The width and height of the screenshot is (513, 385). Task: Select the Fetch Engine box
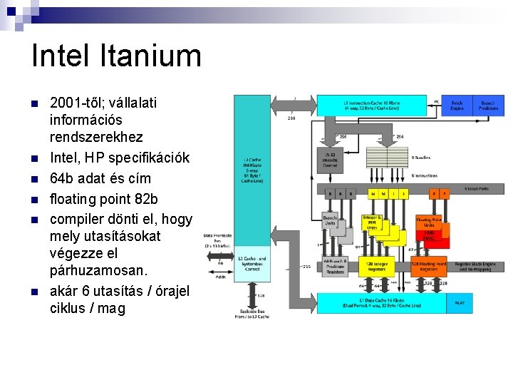coord(457,106)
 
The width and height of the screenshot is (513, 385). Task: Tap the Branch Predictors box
coord(488,106)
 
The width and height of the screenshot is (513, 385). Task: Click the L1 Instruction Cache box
coord(370,105)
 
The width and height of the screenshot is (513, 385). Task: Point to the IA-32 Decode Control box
coord(329,159)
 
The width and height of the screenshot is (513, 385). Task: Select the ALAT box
coord(460,302)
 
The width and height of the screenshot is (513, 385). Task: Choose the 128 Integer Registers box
coord(375,267)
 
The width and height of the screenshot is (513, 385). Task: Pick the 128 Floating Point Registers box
coord(428,267)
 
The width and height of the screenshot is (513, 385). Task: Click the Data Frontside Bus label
coord(217,239)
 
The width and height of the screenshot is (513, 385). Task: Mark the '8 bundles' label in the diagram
coord(420,157)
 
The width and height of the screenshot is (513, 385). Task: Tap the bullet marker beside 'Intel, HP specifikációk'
coord(32,158)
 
